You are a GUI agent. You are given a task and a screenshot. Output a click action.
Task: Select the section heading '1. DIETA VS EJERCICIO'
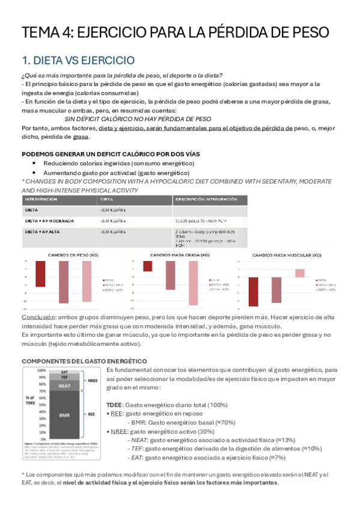[78, 60]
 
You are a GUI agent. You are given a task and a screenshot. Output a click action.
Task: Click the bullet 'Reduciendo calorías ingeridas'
[118, 163]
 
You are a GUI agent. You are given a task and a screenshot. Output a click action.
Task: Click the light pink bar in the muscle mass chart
[300, 272]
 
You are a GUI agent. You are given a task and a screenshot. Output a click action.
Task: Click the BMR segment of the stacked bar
[64, 414]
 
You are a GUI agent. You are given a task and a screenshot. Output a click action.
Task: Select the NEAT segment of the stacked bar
[64, 386]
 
